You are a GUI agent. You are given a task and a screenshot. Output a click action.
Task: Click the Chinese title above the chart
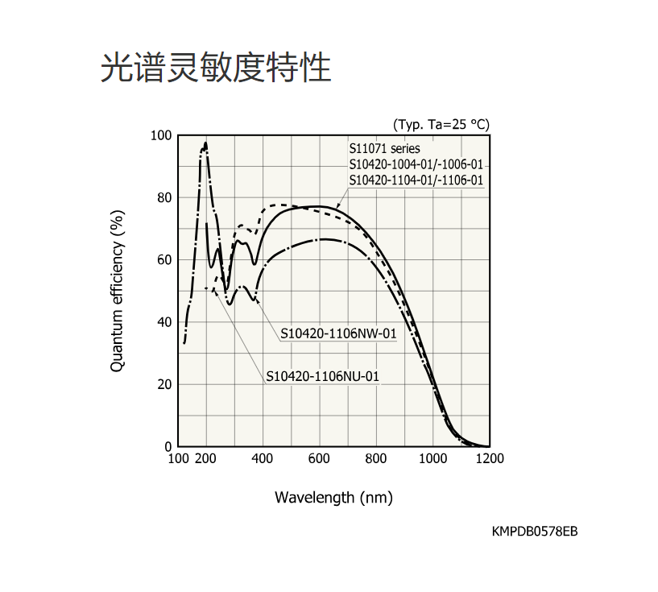(x=216, y=68)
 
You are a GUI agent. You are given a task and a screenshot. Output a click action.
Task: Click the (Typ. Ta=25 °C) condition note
(x=441, y=124)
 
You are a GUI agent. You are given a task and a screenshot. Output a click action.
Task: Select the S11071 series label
(x=384, y=149)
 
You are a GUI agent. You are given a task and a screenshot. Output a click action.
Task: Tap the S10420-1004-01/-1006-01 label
(x=416, y=164)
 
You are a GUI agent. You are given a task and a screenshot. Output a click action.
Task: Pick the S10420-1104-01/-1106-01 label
(x=416, y=180)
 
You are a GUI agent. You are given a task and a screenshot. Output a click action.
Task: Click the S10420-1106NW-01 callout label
(x=339, y=333)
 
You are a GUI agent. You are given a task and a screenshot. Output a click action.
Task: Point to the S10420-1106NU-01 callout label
(x=322, y=375)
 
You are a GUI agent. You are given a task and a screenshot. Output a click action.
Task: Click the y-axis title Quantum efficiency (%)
(x=118, y=291)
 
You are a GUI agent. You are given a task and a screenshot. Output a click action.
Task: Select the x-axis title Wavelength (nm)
(x=333, y=496)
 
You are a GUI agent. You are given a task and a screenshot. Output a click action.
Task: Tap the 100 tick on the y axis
(x=161, y=135)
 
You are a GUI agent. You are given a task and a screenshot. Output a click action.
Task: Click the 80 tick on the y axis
(x=164, y=198)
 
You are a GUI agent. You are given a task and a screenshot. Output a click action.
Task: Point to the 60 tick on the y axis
(x=164, y=260)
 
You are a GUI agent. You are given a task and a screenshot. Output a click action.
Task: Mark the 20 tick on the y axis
(x=164, y=384)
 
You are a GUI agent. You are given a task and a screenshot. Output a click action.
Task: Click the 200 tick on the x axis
(x=206, y=459)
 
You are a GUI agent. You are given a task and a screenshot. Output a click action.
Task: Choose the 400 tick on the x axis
(x=263, y=459)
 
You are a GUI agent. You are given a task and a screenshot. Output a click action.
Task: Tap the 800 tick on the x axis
(x=376, y=459)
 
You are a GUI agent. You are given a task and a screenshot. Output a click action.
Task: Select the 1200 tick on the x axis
(x=489, y=459)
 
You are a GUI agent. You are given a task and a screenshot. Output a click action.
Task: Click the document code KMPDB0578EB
(x=535, y=532)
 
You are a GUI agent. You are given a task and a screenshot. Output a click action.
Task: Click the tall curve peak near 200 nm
(x=205, y=145)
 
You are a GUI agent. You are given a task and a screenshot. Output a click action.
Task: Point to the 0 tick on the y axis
(x=168, y=446)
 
